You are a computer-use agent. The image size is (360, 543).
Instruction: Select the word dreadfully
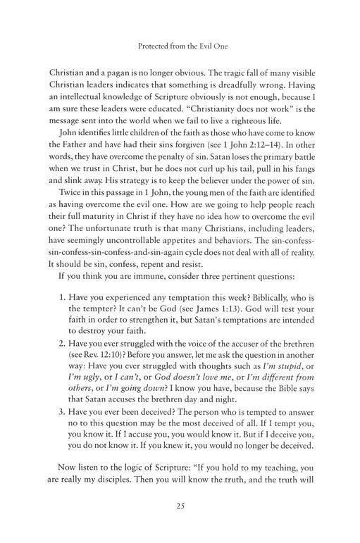[x=232, y=91]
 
